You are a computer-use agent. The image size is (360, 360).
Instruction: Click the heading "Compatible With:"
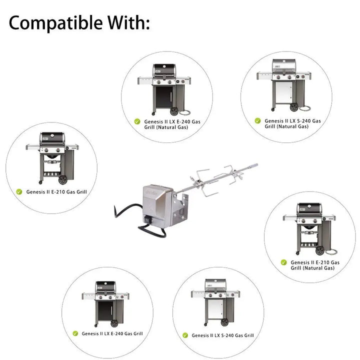point(79,23)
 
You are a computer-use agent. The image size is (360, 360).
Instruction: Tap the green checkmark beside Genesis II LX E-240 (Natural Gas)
point(136,121)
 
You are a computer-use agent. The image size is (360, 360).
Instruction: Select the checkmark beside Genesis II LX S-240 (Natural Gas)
point(257,120)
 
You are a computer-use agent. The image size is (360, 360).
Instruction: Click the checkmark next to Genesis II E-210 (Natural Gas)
point(283,262)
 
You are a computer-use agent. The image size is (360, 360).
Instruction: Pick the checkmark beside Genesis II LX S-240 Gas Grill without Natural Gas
point(185,335)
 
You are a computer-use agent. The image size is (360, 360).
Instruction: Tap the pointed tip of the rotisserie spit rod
point(256,165)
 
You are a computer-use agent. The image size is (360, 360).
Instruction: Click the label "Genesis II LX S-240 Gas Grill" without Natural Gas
point(222,335)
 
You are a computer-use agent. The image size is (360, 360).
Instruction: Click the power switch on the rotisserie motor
point(148,218)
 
